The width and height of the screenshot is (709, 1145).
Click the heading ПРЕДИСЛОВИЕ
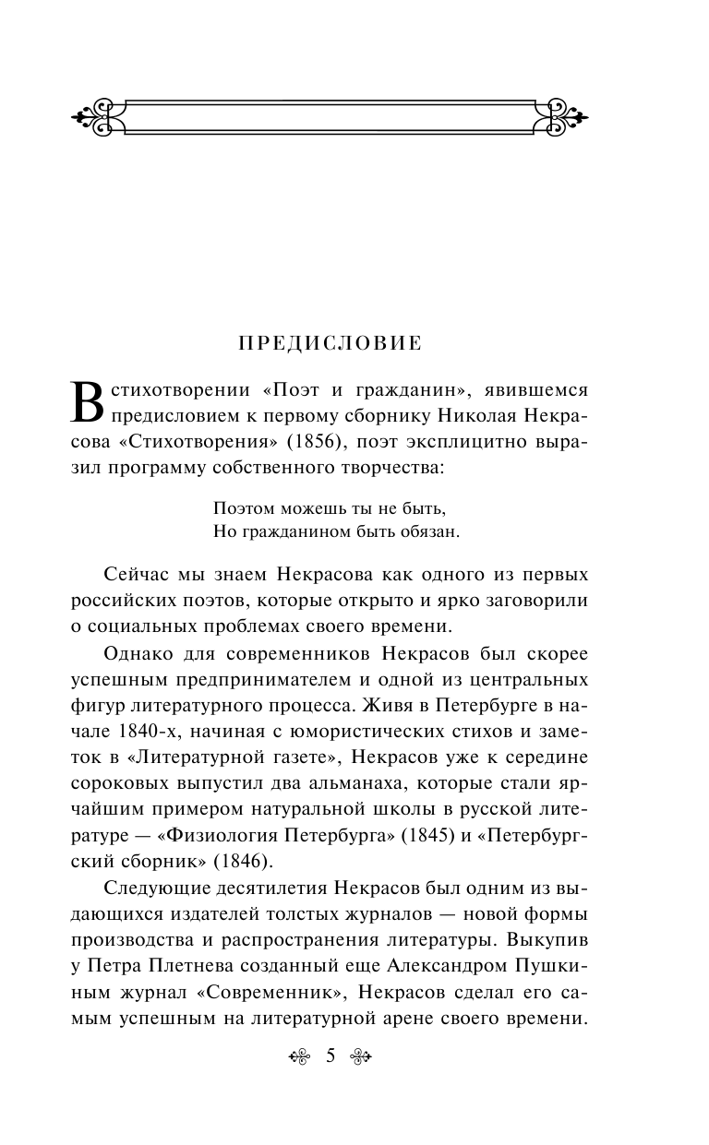pyautogui.click(x=330, y=343)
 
